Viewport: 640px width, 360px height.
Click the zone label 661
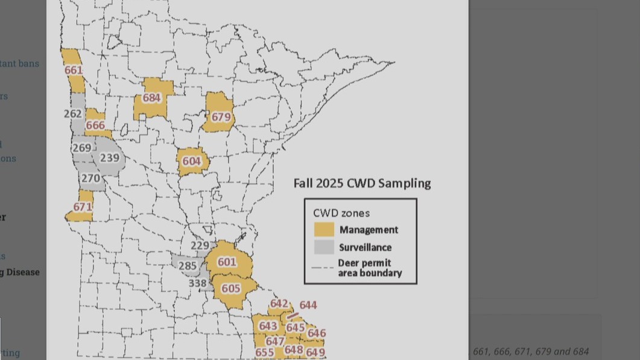[74, 70]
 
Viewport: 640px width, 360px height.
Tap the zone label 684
[151, 98]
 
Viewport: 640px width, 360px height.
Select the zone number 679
[221, 117]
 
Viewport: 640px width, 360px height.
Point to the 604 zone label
[191, 161]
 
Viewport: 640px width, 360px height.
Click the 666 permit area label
[95, 125]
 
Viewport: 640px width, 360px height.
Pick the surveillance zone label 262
[72, 113]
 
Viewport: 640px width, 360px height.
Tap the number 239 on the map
[109, 157]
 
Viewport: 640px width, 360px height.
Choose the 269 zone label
[81, 148]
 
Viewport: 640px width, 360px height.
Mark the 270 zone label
[90, 178]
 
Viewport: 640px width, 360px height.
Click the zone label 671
[82, 207]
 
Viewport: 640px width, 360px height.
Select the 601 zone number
[227, 262]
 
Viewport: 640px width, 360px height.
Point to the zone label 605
[230, 289]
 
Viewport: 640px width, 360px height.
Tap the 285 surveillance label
[188, 265]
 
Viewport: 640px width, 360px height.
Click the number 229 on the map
[199, 245]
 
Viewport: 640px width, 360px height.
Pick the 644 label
[308, 305]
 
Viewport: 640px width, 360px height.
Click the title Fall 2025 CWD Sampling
[362, 183]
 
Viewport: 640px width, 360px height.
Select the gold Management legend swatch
[324, 230]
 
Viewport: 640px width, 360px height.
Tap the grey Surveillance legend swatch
[324, 247]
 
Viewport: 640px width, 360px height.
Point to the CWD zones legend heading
[341, 213]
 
